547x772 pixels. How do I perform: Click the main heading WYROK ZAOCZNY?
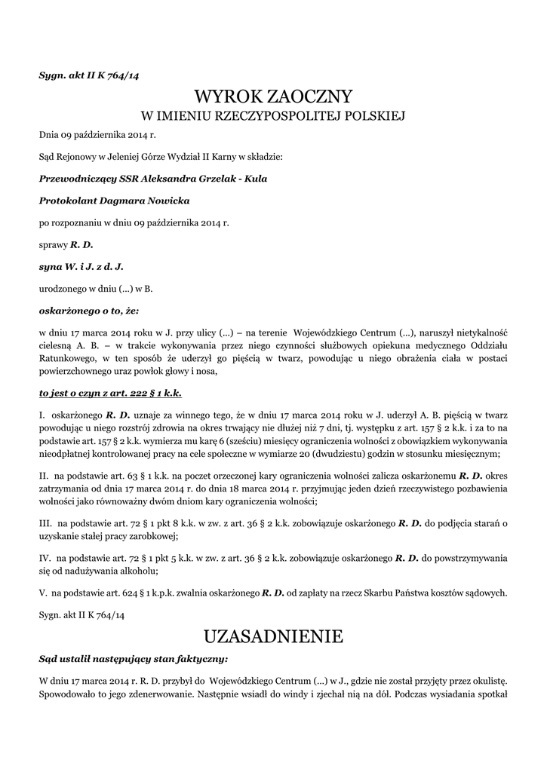coord(273,96)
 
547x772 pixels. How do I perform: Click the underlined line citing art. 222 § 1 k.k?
coord(110,393)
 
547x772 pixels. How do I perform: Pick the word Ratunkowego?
coord(66,358)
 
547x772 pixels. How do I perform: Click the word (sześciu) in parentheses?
coord(241,442)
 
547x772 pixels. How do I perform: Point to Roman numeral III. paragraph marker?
coord(45,523)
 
